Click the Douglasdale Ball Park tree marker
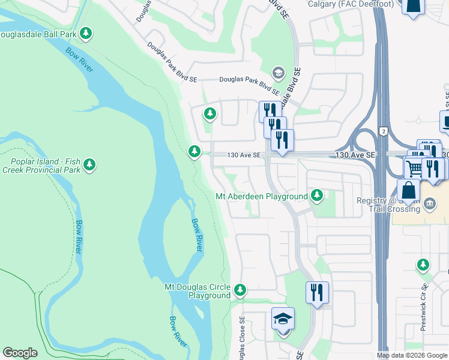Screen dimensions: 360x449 click(86, 34)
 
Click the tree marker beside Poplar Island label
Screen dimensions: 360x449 click(89, 164)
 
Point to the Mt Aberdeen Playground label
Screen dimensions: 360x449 click(261, 196)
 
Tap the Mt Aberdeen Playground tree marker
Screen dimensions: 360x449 click(317, 196)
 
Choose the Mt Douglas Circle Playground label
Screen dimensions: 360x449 click(197, 291)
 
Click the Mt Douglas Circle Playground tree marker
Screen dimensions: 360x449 click(240, 291)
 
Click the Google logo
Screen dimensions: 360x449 click(20, 353)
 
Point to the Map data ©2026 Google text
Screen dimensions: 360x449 click(412, 355)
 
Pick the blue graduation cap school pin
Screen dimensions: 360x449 click(283, 319)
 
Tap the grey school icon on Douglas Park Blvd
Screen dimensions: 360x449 click(277, 73)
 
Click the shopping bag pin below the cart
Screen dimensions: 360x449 click(408, 190)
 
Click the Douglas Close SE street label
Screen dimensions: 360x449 click(243, 339)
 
